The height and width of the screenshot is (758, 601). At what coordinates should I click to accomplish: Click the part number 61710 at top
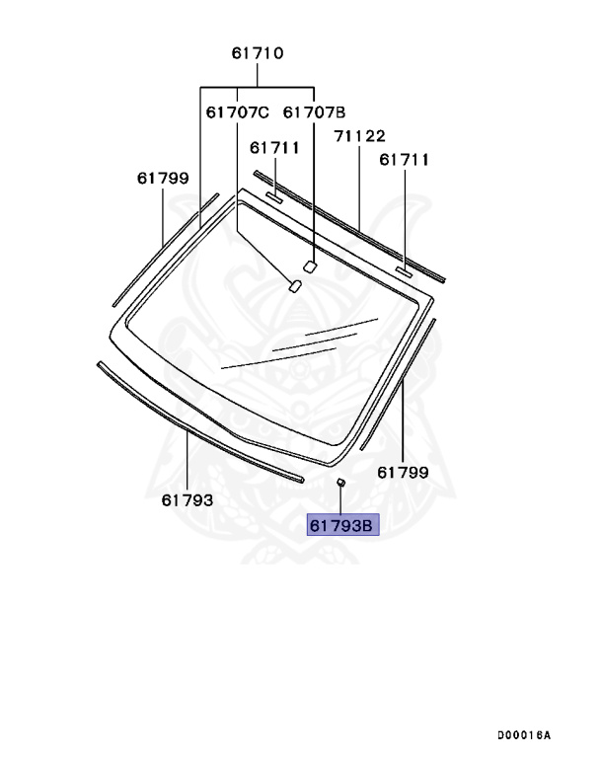(x=258, y=52)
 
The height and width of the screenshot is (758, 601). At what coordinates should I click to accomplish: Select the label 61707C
(x=237, y=113)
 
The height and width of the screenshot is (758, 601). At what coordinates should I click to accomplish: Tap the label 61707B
(x=314, y=113)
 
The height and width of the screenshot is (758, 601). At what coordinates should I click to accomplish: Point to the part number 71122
(x=360, y=136)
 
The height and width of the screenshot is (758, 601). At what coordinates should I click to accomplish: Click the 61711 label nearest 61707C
(x=274, y=147)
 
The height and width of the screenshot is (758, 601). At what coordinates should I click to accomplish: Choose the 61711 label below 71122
(x=405, y=160)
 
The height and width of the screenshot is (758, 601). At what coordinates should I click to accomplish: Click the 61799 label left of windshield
(x=163, y=178)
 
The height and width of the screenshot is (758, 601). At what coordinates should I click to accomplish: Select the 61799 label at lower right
(x=403, y=473)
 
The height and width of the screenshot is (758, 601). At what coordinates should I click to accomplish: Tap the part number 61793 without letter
(x=188, y=499)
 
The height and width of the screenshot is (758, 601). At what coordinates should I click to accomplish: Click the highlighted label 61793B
(x=340, y=525)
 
